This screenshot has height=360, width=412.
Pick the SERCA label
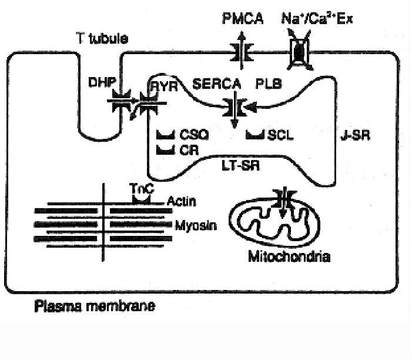[216, 85]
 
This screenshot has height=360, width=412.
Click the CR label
[188, 150]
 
